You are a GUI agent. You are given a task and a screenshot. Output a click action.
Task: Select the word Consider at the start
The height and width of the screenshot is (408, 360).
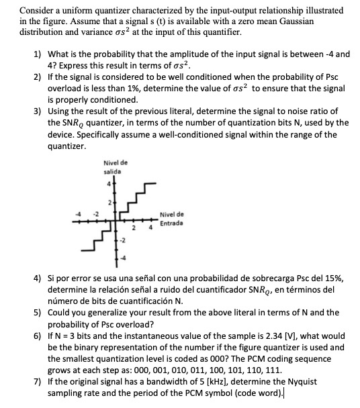point(38,11)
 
